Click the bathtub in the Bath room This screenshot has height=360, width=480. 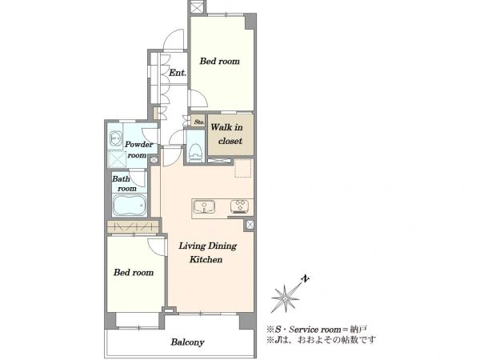pos(130,204)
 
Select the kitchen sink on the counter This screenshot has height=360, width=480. pos(204,206)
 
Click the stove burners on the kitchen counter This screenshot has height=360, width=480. pos(240,206)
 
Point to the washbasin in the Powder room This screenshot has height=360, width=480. pos(115,138)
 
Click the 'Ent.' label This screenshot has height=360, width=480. pos(178,73)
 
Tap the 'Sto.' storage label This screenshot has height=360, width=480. pos(199,122)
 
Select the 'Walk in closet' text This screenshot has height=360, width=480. pos(227,134)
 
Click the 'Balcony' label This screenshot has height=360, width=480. pos(187,342)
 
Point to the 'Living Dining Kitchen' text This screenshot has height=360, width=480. pos(207,253)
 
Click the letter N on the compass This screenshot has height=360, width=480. pos(306,278)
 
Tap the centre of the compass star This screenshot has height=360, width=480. pos(286,298)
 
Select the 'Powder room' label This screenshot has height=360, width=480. pos(138,150)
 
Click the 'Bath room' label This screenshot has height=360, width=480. pos(124,183)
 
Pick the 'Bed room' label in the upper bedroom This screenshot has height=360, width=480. pos(219,62)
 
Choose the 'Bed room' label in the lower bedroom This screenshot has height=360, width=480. pos(134,272)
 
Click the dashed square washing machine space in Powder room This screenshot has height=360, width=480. pos(117,159)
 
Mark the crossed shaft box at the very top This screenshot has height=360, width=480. pos(197,7)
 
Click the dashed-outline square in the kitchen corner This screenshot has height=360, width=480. pos(242,168)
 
